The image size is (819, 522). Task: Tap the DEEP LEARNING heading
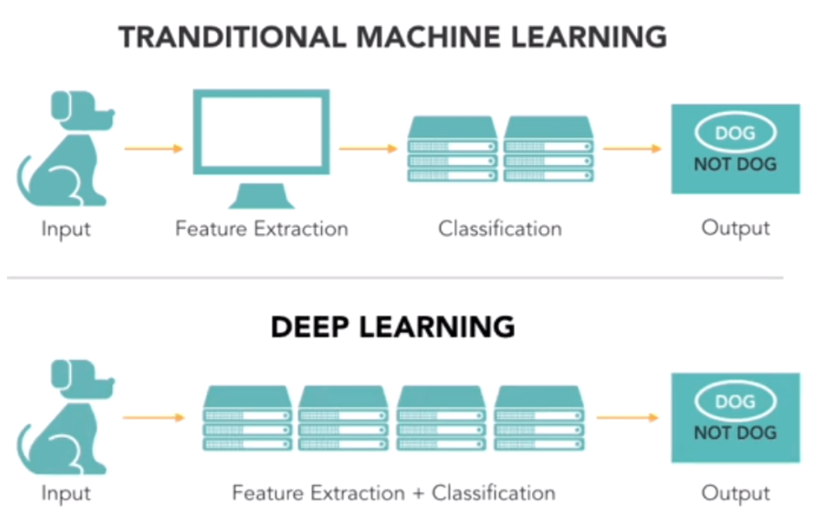click(393, 327)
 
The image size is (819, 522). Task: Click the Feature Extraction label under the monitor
click(261, 229)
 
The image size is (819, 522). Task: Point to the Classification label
click(499, 229)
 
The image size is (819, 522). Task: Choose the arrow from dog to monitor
click(153, 148)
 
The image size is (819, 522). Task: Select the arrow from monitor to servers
click(369, 148)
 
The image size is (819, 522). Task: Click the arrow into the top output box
click(632, 148)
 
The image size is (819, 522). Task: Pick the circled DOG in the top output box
click(735, 133)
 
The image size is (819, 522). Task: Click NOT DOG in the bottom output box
click(735, 433)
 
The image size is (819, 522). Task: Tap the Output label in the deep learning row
click(735, 492)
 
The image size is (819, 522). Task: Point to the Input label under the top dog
click(65, 229)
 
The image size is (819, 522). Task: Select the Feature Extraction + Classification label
click(394, 492)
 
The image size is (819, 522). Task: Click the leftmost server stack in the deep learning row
click(248, 418)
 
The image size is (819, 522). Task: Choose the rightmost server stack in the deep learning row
click(538, 418)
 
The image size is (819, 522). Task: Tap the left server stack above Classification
click(452, 149)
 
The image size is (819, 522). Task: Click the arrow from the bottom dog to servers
click(153, 418)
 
